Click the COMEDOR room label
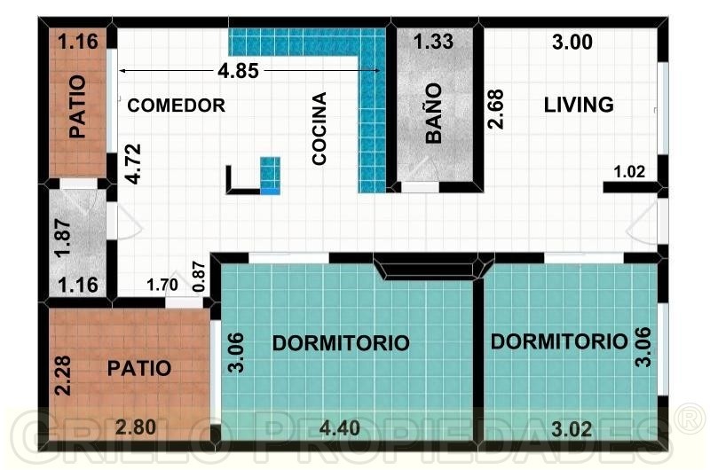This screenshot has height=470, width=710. [x=176, y=106]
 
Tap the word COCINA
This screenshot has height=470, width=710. [x=319, y=129]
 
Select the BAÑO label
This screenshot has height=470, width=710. [x=434, y=114]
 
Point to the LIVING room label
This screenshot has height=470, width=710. [x=579, y=105]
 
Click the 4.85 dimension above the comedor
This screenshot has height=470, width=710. [x=238, y=71]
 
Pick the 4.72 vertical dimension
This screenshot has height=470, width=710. [x=134, y=164]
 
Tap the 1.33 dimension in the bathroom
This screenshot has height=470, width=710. [x=433, y=42]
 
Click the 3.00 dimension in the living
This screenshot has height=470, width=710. [x=572, y=42]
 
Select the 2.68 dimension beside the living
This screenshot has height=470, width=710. [x=495, y=108]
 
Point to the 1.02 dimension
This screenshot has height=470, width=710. [x=629, y=172]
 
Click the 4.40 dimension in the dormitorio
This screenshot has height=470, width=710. [x=340, y=428]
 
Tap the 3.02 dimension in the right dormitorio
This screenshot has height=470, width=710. [x=572, y=429]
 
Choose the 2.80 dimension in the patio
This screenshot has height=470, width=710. [x=136, y=427]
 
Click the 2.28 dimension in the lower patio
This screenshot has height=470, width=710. [x=62, y=375]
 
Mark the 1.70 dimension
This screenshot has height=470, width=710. [x=162, y=285]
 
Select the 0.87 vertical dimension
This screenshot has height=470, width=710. [x=199, y=277]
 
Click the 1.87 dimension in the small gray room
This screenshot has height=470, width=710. [x=62, y=239]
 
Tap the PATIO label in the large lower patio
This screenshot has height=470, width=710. [x=139, y=369]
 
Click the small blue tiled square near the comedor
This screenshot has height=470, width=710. [x=271, y=176]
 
